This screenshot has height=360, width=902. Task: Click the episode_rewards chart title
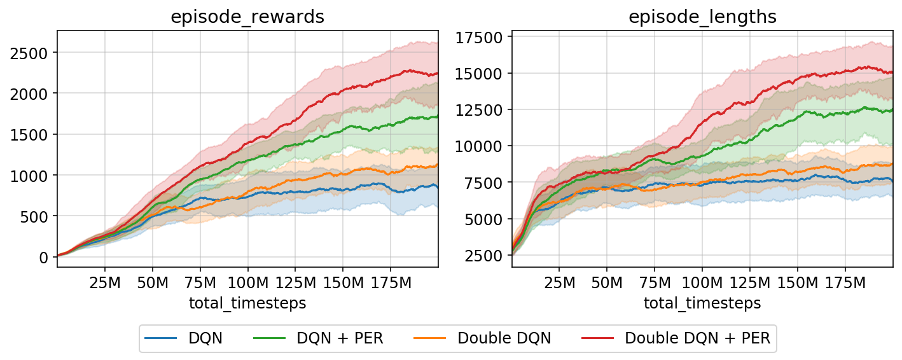pyautogui.click(x=247, y=17)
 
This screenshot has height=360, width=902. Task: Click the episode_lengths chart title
pyautogui.click(x=702, y=17)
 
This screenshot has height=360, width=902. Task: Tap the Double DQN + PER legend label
pyautogui.click(x=697, y=338)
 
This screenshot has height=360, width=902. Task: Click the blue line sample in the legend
pyautogui.click(x=162, y=338)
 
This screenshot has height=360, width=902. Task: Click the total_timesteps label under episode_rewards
pyautogui.click(x=247, y=303)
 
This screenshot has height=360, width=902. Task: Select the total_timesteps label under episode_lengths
pyautogui.click(x=702, y=303)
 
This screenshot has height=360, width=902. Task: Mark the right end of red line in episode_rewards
pyautogui.click(x=438, y=73)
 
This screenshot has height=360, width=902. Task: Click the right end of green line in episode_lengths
pyautogui.click(x=892, y=109)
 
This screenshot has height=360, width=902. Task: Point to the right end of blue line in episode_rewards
pyautogui.click(x=438, y=187)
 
